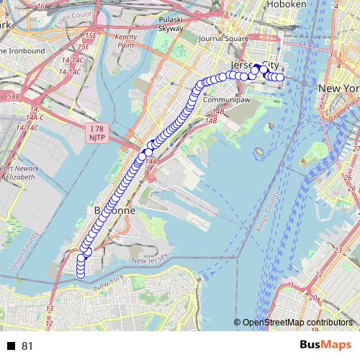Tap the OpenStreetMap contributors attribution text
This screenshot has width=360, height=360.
coord(297,323)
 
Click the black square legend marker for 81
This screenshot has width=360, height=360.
coord(11,346)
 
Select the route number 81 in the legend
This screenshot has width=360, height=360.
coord(27,346)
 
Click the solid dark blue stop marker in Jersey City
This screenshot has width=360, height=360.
coord(255,69)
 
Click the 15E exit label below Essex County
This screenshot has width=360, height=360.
coord(90,35)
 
